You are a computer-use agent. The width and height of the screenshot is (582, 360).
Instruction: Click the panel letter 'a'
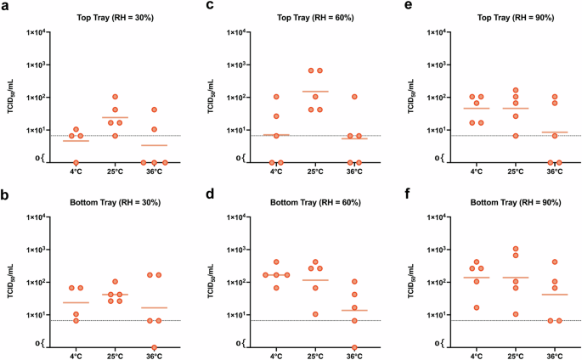[5, 6]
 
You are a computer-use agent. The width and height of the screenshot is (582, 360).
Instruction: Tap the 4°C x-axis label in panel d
[276, 356]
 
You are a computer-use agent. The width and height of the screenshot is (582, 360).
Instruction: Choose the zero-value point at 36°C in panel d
[355, 347]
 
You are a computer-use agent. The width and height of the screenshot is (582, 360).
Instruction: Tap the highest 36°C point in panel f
[556, 262]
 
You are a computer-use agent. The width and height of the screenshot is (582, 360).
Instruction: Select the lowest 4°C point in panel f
[476, 307]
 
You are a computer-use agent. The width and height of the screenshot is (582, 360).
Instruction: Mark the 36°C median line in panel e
[554, 132]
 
